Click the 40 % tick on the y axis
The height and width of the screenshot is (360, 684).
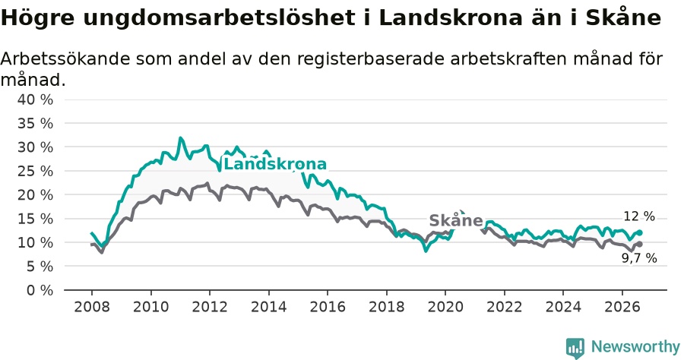click(35, 99)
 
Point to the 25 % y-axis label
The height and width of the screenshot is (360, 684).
click(35, 172)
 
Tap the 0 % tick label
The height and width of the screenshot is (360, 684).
click(40, 290)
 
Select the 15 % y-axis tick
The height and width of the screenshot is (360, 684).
click(35, 219)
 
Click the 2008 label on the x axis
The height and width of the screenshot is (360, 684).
click(92, 307)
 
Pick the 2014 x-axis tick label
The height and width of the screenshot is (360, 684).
click(269, 307)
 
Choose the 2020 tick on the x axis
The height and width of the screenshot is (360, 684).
click(445, 307)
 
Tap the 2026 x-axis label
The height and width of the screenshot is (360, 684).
click(622, 307)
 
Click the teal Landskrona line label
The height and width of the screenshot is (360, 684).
click(275, 164)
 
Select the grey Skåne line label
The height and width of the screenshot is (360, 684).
click(456, 220)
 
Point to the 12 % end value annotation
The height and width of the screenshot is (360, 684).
click(639, 216)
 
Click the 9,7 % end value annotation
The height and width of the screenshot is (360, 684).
click(639, 258)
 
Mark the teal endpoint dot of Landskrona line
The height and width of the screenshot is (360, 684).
click(639, 232)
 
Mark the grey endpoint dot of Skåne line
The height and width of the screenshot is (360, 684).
click(639, 244)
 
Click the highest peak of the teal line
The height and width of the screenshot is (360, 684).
click(180, 138)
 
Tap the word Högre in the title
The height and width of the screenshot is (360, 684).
click(37, 18)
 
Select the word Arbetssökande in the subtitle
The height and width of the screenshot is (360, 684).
click(65, 58)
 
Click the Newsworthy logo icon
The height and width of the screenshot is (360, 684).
click(575, 348)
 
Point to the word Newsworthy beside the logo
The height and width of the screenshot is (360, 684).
click(635, 346)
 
